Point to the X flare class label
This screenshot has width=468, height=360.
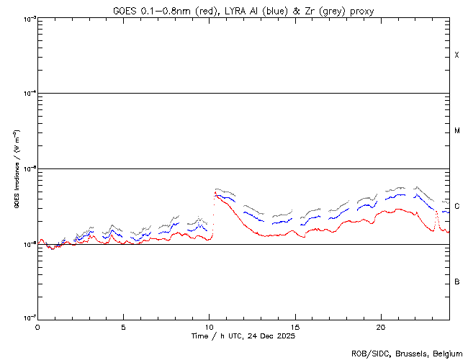point(456,55)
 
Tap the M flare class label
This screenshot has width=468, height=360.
point(456,131)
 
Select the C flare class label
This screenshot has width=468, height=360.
point(456,207)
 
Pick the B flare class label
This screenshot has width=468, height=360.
point(456,282)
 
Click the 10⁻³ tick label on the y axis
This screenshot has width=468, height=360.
point(27,19)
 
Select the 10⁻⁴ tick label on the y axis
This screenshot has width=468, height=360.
point(27,94)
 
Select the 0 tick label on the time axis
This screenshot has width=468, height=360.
point(37,326)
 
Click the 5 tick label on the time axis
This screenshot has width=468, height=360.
point(123,326)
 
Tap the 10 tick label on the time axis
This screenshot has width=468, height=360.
point(209,326)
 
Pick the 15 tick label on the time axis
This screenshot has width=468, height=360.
point(295,326)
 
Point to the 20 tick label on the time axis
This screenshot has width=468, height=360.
point(381,326)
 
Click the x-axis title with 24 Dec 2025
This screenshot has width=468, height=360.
point(243,336)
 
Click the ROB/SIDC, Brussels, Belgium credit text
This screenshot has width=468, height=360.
point(407,354)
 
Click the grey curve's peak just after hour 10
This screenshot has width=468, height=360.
point(216,189)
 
